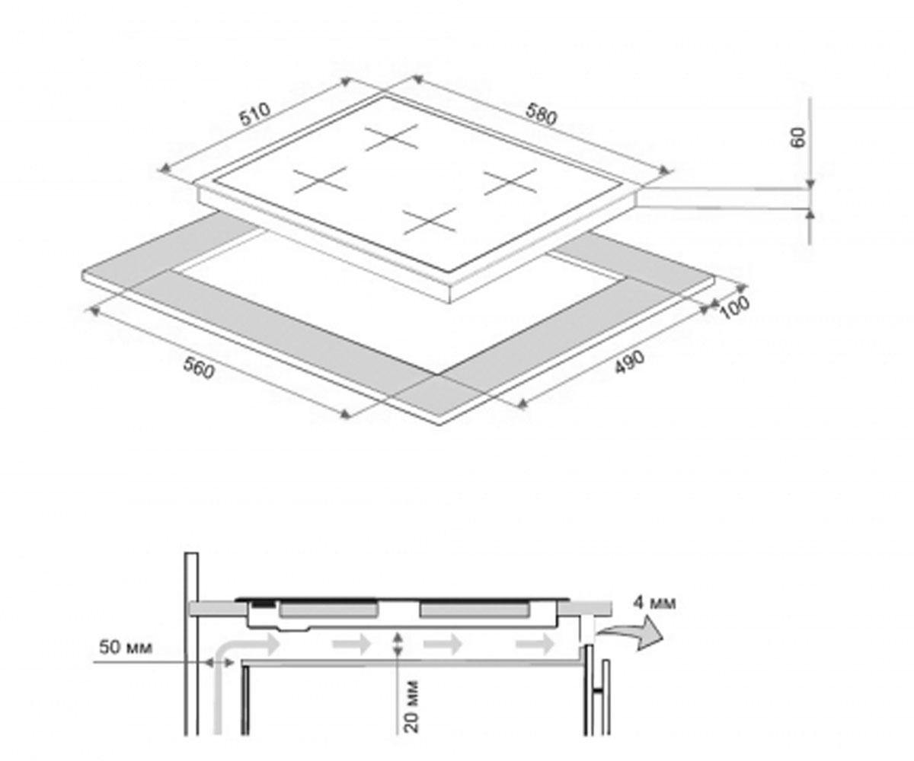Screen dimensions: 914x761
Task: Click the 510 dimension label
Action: [255, 115]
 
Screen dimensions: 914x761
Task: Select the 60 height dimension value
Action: [799, 137]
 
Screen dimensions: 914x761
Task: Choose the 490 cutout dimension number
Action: [630, 362]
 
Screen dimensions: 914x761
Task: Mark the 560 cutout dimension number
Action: [199, 368]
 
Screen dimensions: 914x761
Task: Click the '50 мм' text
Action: [126, 648]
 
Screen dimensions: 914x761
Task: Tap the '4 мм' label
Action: [654, 603]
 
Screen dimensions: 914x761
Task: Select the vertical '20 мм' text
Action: [412, 706]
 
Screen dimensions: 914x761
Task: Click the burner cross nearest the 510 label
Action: [320, 180]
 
